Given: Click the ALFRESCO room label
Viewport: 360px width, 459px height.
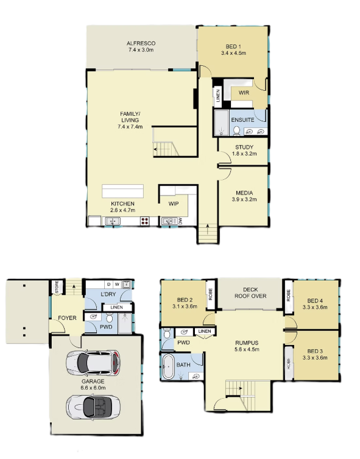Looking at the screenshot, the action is [141, 43].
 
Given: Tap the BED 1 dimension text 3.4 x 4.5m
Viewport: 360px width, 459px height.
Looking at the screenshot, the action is [233, 53].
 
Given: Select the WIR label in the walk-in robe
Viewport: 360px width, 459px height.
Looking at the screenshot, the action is [244, 93].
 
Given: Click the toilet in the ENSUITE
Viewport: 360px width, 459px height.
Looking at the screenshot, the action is [237, 130].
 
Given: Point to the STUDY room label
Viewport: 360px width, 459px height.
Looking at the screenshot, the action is [244, 148].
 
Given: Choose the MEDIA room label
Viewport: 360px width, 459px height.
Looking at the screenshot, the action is [244, 193].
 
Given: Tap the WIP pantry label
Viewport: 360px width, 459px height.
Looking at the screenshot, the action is [174, 204].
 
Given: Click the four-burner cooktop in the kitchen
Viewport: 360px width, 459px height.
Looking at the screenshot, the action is [145, 221].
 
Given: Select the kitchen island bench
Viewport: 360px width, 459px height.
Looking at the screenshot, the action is [122, 191].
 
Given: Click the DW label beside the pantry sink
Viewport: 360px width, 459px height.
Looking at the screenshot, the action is [180, 222].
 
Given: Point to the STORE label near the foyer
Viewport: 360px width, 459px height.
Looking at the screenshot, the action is [57, 287].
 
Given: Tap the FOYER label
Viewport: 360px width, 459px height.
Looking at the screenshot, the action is [67, 318].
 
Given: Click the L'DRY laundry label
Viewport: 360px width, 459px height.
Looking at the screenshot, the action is [108, 294].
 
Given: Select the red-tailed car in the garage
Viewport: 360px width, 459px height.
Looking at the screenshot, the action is [93, 363].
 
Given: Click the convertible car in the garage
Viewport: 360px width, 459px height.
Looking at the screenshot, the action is [93, 407].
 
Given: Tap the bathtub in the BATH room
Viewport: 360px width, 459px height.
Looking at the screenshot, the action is [168, 367].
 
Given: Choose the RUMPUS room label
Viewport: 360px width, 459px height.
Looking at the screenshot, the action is [247, 343].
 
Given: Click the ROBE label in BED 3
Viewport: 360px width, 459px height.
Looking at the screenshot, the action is [289, 363].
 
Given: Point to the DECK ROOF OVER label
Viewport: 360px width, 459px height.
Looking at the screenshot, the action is [250, 293].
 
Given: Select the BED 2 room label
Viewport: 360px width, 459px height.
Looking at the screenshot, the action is [185, 300].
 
